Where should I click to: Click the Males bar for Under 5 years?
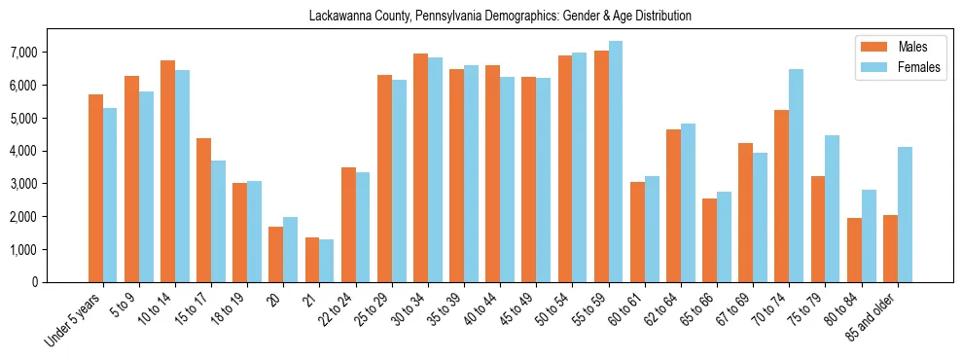[x=95, y=188]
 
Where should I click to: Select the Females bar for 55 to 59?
[x=616, y=162]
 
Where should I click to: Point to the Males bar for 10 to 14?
[x=167, y=171]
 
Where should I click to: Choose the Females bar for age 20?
[x=291, y=249]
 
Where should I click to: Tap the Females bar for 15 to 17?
[x=218, y=221]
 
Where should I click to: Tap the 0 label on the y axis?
[x=60, y=283]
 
